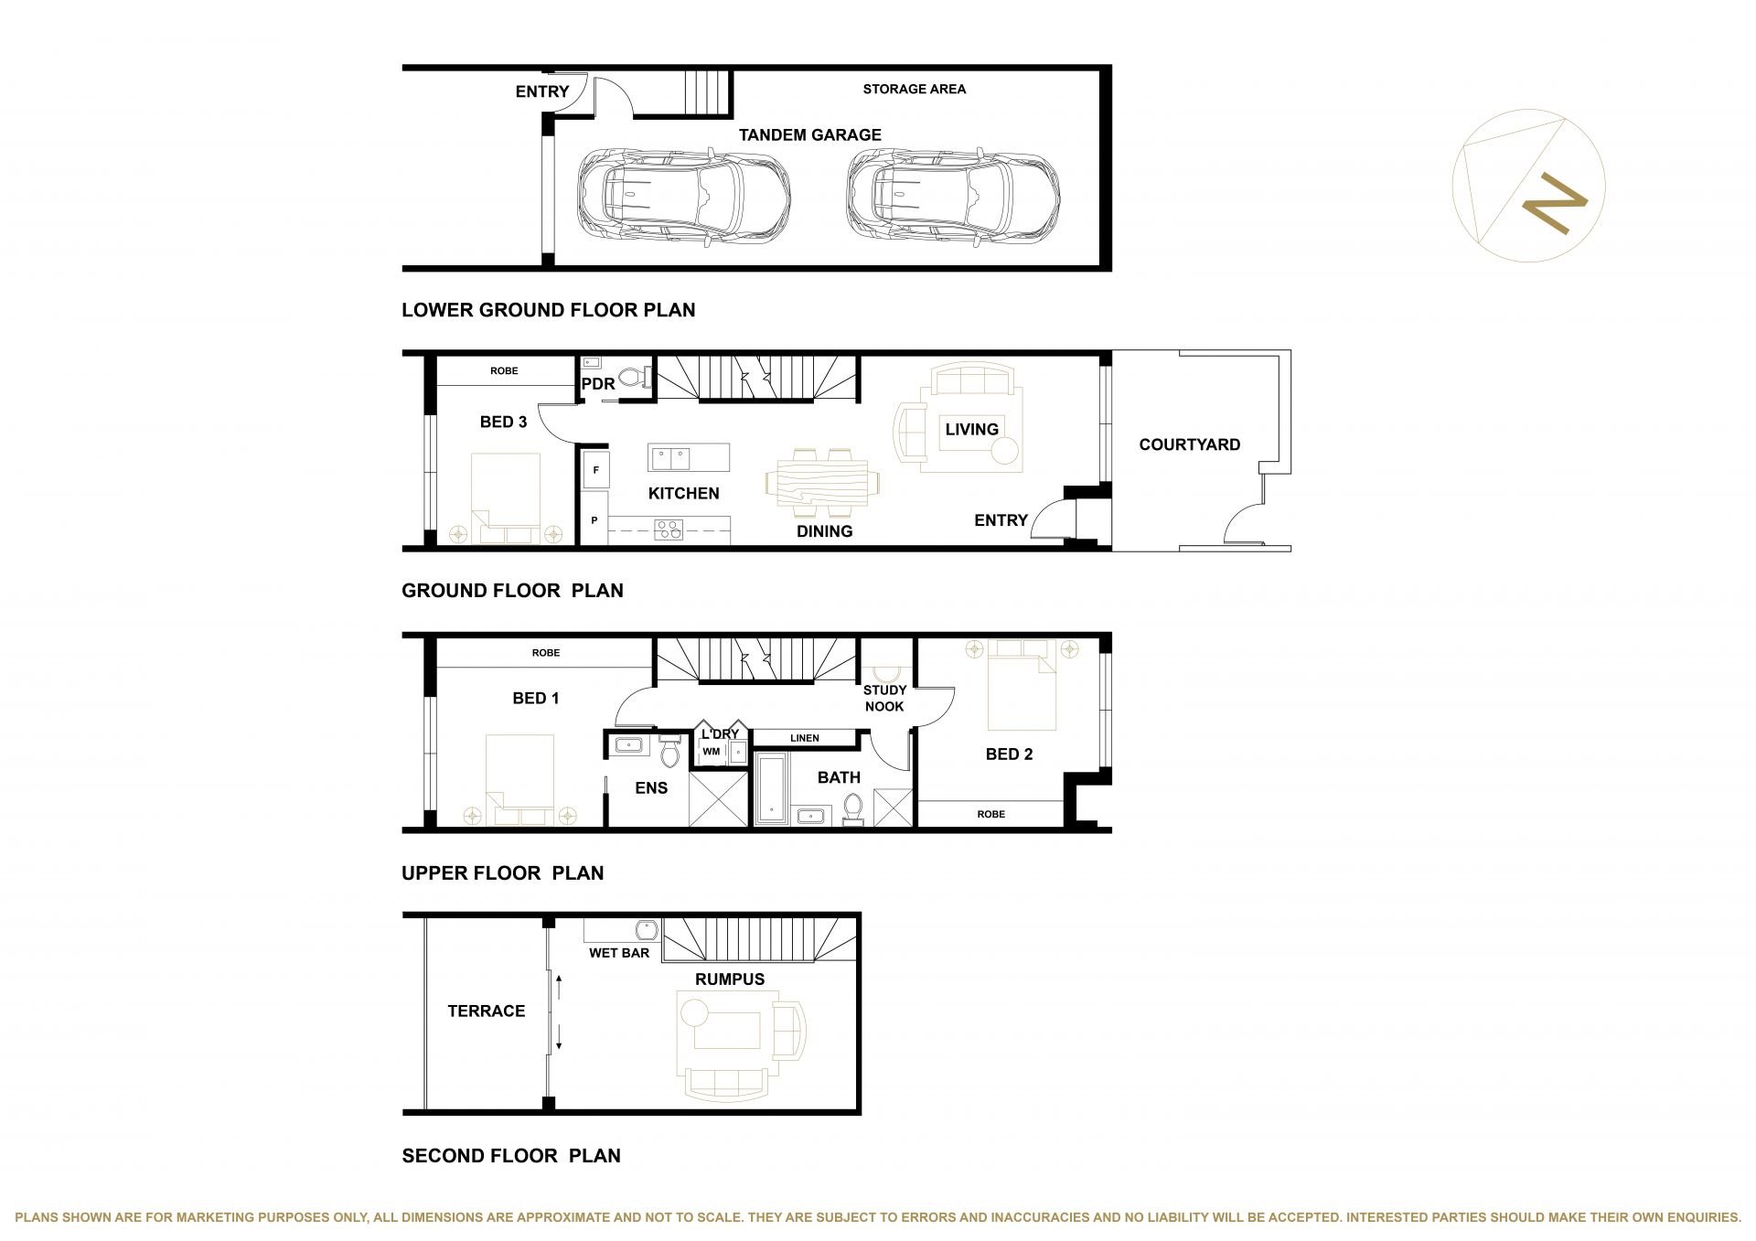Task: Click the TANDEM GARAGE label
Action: tap(809, 135)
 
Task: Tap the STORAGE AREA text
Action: tap(914, 90)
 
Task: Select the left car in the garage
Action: tap(683, 196)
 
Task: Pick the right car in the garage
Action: tap(953, 196)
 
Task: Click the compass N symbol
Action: tap(1554, 203)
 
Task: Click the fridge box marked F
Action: tap(596, 470)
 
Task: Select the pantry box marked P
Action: tap(595, 520)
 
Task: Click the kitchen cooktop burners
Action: tap(669, 530)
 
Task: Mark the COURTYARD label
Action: tap(1189, 445)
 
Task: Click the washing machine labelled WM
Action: tap(712, 752)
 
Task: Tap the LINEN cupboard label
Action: tap(805, 738)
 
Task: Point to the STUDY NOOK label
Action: tap(884, 699)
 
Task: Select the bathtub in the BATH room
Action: tap(772, 788)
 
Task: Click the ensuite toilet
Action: tap(669, 753)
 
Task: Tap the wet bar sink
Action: tap(646, 930)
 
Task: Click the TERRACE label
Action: tap(487, 1011)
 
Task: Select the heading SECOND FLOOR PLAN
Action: tap(511, 1156)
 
